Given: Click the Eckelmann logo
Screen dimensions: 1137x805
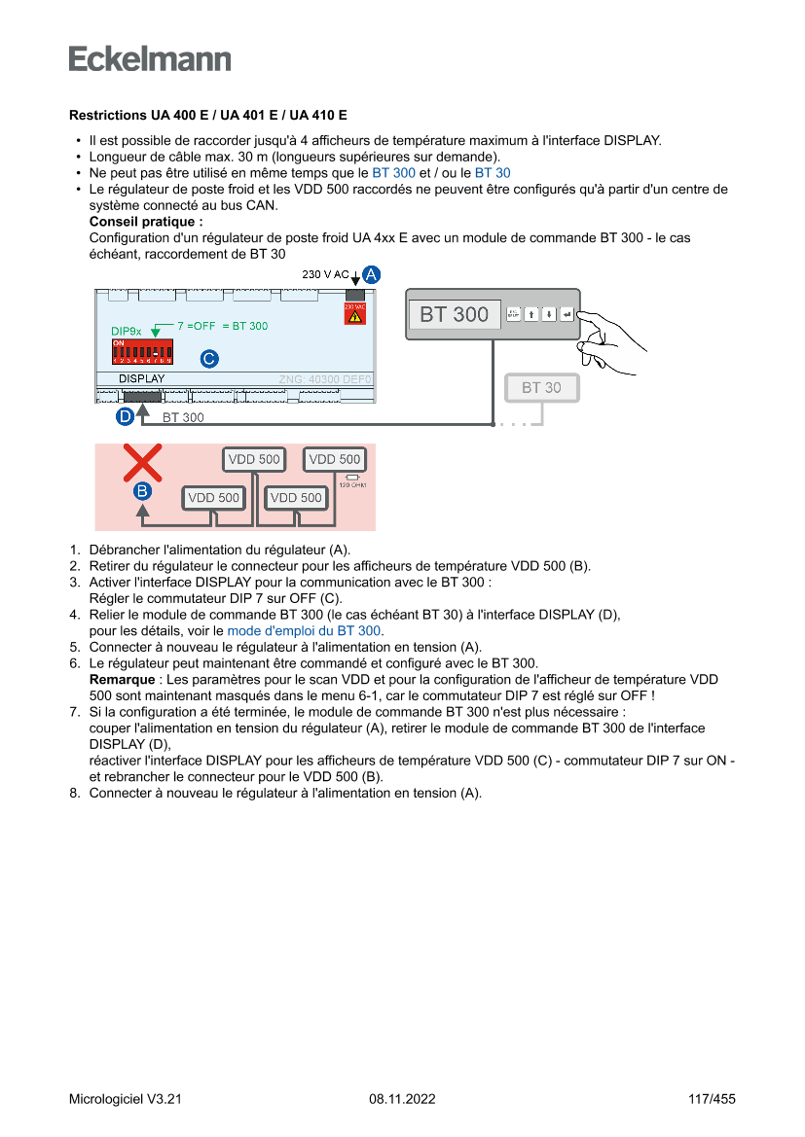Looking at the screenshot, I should click(x=150, y=59).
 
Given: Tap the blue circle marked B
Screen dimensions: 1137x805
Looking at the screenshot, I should click(x=142, y=491).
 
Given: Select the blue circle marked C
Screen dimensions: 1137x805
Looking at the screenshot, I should click(x=208, y=359).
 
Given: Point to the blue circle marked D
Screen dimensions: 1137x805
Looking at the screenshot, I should click(x=125, y=416).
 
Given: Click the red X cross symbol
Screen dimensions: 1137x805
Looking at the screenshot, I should click(x=142, y=463).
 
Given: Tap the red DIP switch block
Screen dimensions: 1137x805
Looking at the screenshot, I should click(x=141, y=351).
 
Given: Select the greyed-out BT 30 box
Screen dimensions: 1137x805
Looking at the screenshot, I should click(x=541, y=387).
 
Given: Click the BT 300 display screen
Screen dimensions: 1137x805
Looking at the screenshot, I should click(x=455, y=314).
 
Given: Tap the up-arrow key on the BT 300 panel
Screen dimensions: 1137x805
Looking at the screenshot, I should click(x=531, y=314).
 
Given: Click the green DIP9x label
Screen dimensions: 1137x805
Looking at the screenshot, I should click(x=126, y=331).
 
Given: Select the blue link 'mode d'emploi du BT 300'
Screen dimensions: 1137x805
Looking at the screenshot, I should click(x=304, y=630).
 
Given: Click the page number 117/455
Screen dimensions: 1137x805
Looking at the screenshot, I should click(x=712, y=1099).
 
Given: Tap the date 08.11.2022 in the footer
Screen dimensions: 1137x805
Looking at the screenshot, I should click(x=402, y=1099).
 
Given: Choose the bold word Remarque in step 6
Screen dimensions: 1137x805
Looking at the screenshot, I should click(x=122, y=679).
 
